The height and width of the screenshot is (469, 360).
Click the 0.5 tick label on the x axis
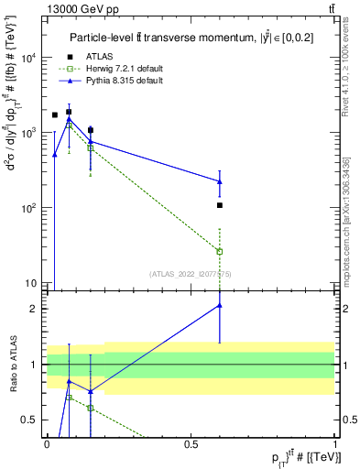pos(191,442)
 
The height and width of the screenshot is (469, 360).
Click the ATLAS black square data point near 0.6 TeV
pos(220,205)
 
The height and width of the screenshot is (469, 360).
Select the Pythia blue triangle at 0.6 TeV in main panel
pos(220,181)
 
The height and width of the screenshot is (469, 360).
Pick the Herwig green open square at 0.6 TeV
pos(220,251)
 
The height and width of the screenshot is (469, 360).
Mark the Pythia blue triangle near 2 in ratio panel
pos(220,305)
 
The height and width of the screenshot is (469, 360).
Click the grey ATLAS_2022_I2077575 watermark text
pos(184,273)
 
